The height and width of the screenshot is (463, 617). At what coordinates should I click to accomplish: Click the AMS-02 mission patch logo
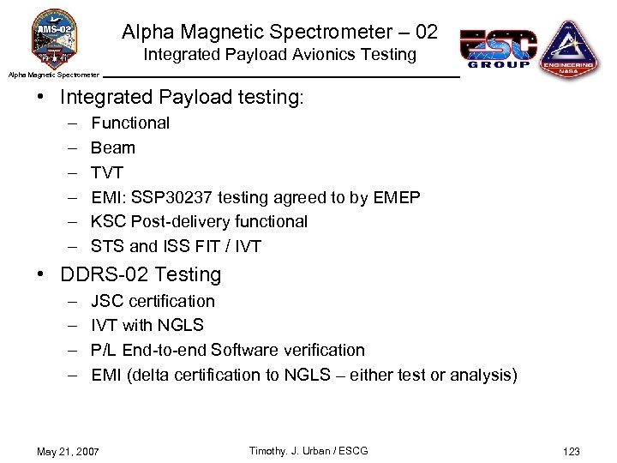point(53,39)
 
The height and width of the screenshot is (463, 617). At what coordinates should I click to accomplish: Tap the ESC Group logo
point(499,48)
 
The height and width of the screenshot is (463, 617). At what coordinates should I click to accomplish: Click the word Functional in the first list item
point(130,123)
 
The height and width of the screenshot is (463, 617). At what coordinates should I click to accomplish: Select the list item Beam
point(113,147)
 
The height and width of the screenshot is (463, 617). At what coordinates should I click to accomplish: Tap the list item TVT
point(107,172)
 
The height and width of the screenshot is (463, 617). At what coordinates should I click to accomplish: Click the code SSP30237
point(172,197)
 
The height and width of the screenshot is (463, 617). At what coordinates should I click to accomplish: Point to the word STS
point(107,246)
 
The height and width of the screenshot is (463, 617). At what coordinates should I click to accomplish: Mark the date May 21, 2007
point(68,452)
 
